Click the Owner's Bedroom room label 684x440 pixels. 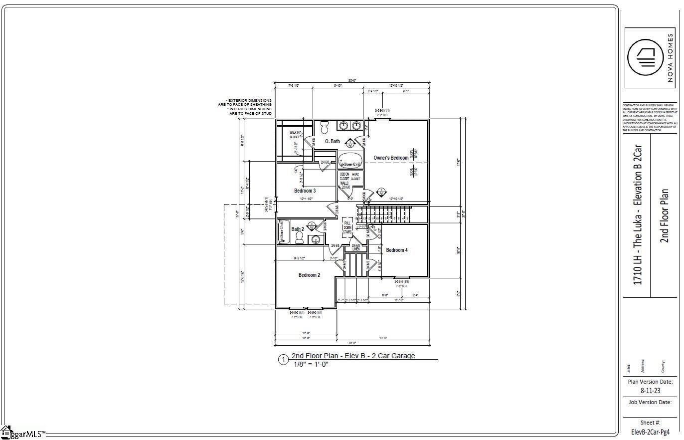tap(391, 158)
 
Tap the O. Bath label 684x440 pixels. tap(333, 142)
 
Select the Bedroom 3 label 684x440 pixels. tap(305, 191)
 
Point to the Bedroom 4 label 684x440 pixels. tap(397, 250)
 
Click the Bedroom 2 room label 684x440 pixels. tap(309, 275)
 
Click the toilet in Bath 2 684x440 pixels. tap(299, 239)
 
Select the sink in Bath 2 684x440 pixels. tap(316, 239)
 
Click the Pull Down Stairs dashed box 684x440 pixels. tap(347, 227)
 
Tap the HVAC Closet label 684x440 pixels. tap(355, 176)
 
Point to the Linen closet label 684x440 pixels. tap(356, 247)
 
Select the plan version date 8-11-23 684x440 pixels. tap(650, 391)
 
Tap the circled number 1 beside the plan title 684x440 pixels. tap(283, 360)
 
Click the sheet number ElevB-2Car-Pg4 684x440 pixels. tap(650, 432)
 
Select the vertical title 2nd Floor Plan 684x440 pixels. tap(664, 216)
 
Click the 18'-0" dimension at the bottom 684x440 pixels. tap(383, 338)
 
